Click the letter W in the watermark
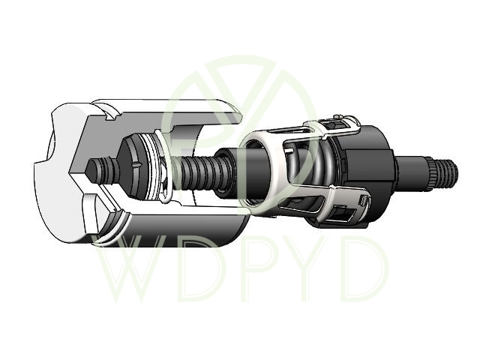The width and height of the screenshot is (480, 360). pos(137,268)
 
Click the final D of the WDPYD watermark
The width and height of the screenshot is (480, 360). pos(364,268)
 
